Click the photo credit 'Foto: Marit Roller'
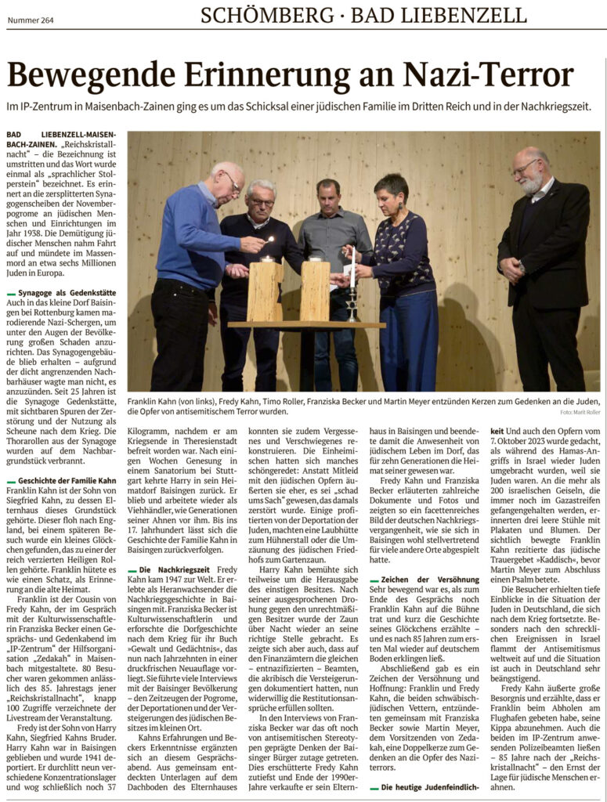click(580, 412)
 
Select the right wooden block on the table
click(315, 291)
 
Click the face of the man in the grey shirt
click(328, 195)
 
